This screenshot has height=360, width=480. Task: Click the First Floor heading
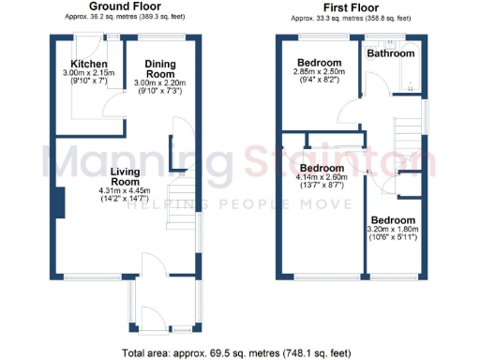(352, 7)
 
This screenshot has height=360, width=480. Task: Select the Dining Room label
(160, 68)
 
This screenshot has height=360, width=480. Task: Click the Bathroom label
(391, 53)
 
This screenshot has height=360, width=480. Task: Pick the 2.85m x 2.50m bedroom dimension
(319, 71)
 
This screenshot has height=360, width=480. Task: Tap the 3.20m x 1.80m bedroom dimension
(393, 229)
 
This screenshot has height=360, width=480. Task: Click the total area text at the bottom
(239, 352)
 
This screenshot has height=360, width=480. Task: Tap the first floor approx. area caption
(352, 18)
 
